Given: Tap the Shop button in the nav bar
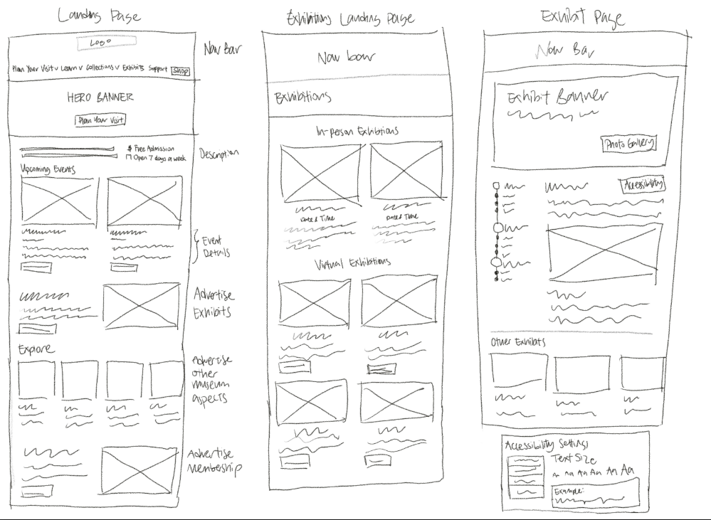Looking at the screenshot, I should click(x=181, y=70).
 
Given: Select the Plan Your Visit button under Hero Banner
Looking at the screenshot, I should click(x=101, y=120).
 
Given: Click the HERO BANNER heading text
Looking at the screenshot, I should click(x=100, y=97).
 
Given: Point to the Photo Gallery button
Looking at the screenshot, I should click(x=628, y=144).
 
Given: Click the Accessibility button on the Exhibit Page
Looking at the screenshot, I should click(x=643, y=185).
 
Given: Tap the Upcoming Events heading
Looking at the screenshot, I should click(x=48, y=169).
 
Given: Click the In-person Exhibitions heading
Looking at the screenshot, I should click(x=357, y=131).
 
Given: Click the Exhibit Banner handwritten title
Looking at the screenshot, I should click(x=559, y=97).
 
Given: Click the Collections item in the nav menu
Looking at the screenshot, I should click(x=98, y=70).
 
